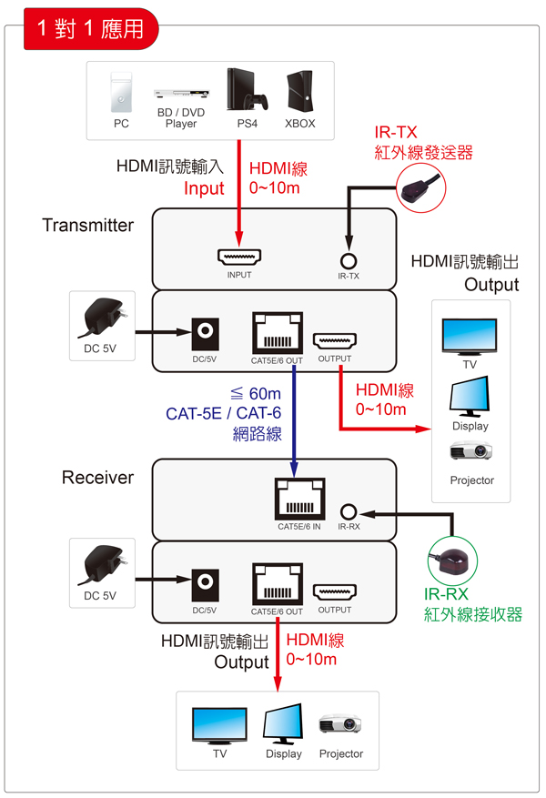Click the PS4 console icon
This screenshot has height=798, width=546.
[x=246, y=91]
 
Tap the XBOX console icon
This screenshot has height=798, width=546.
[x=299, y=91]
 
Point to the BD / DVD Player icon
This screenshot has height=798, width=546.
[x=181, y=93]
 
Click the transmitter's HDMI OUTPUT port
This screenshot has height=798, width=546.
[x=334, y=341]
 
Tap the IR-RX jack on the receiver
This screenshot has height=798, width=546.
[x=349, y=511]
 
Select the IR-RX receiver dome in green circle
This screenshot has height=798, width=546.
[x=456, y=561]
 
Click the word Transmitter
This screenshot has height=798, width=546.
[x=88, y=225]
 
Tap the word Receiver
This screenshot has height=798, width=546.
[x=97, y=477]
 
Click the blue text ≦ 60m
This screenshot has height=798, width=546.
[x=257, y=393]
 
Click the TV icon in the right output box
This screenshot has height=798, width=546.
[x=470, y=336]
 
